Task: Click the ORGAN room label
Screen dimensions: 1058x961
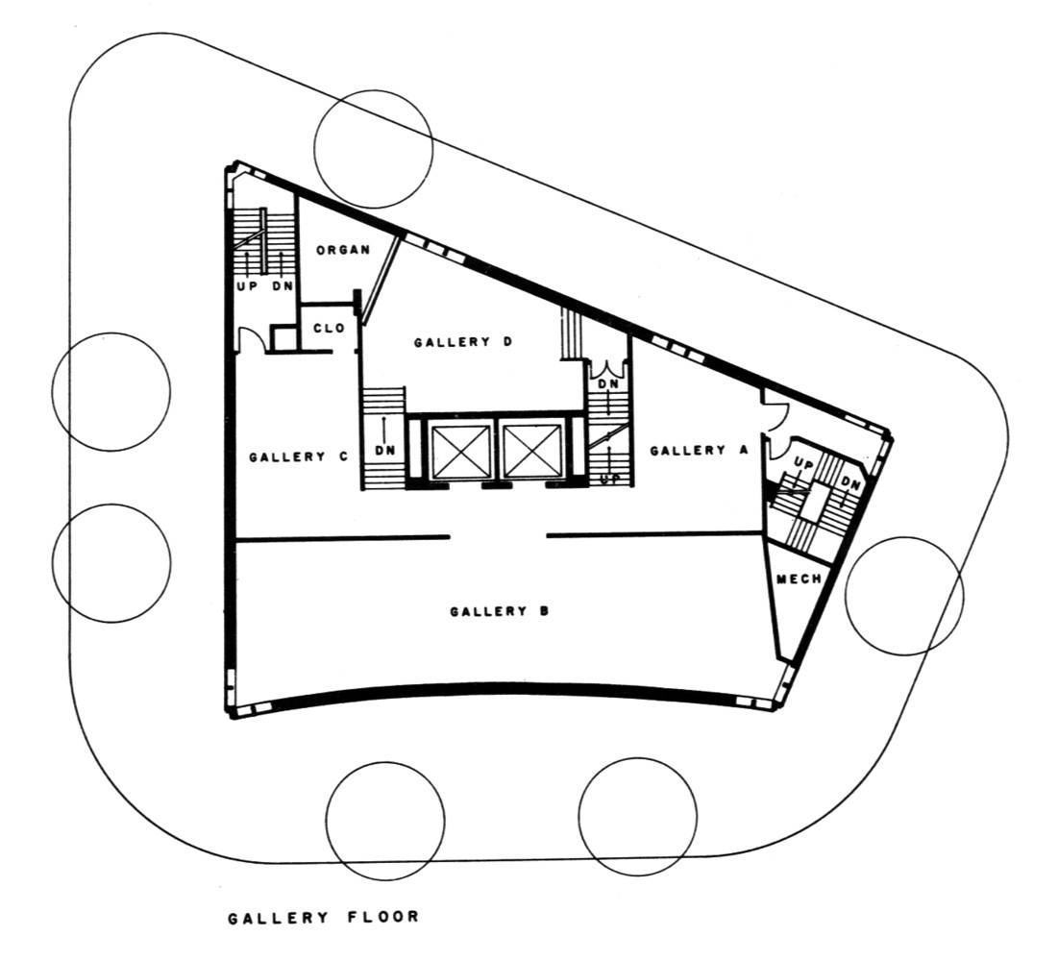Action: tap(343, 250)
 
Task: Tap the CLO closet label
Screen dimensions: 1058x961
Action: tap(330, 328)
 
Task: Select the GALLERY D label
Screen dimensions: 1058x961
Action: tap(463, 342)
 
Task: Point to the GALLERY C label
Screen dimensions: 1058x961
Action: tap(298, 456)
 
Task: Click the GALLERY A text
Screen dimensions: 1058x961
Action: tap(699, 450)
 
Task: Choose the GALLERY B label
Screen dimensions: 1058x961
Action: tap(500, 611)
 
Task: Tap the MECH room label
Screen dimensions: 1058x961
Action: tap(799, 579)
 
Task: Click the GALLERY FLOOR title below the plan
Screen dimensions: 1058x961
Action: tap(324, 918)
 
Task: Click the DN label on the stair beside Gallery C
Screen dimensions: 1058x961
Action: tap(385, 450)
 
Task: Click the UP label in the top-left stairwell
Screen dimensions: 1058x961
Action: tap(248, 285)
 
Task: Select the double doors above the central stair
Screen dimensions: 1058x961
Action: tap(609, 368)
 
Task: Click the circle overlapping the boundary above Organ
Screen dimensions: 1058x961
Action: tap(373, 148)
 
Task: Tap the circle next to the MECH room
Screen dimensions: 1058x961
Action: tap(904, 596)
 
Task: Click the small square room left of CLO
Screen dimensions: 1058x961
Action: tap(283, 338)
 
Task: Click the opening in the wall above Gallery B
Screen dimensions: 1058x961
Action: tap(498, 537)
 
